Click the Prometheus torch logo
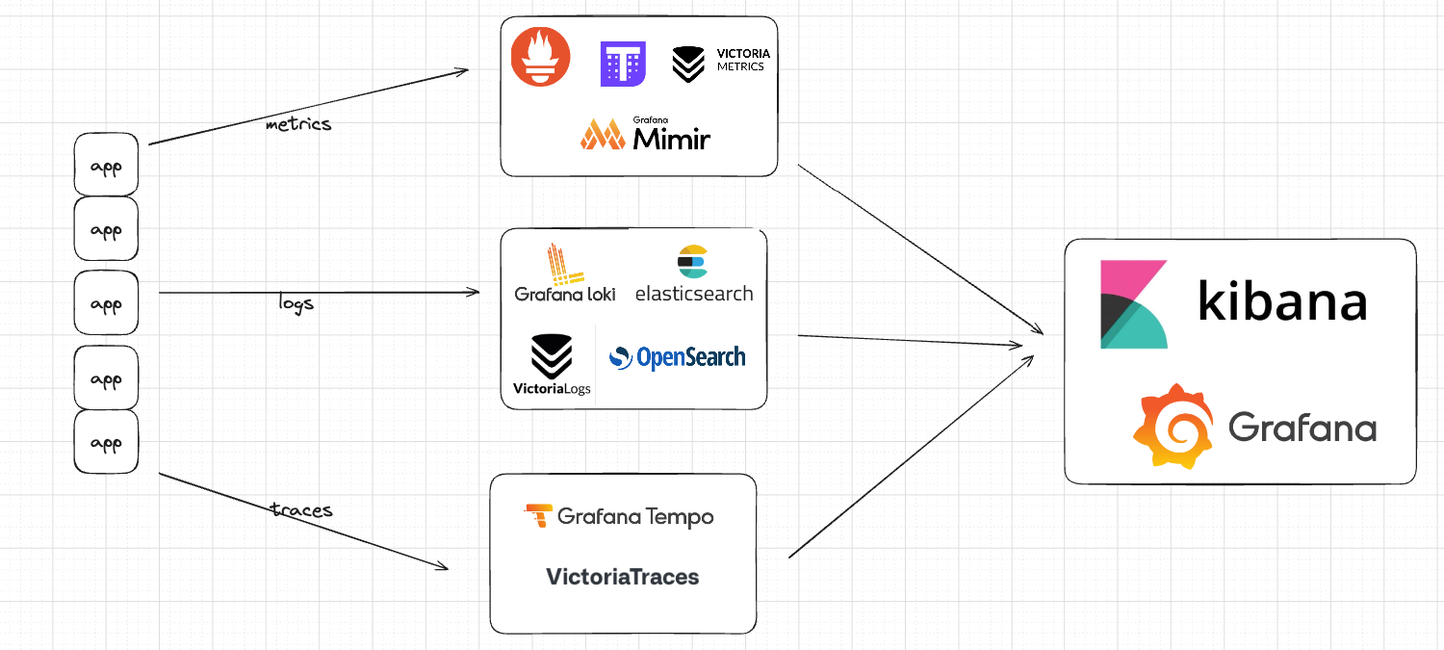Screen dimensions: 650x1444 [540, 56]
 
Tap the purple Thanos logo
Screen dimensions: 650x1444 [623, 64]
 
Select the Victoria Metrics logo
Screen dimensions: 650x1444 [721, 64]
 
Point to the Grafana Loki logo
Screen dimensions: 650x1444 [565, 273]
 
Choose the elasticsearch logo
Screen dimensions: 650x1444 [694, 275]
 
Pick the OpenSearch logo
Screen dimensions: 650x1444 [678, 357]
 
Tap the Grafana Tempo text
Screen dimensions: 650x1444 [619, 516]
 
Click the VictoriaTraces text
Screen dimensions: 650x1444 [623, 577]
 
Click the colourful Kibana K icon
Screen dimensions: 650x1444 [1134, 303]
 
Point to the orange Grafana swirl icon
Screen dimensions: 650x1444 [1173, 426]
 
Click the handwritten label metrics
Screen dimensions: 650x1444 [298, 124]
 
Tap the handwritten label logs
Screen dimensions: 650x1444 [296, 304]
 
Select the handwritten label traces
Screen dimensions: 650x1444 [301, 509]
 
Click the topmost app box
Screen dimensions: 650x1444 [106, 166]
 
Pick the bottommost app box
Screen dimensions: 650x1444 [106, 442]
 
